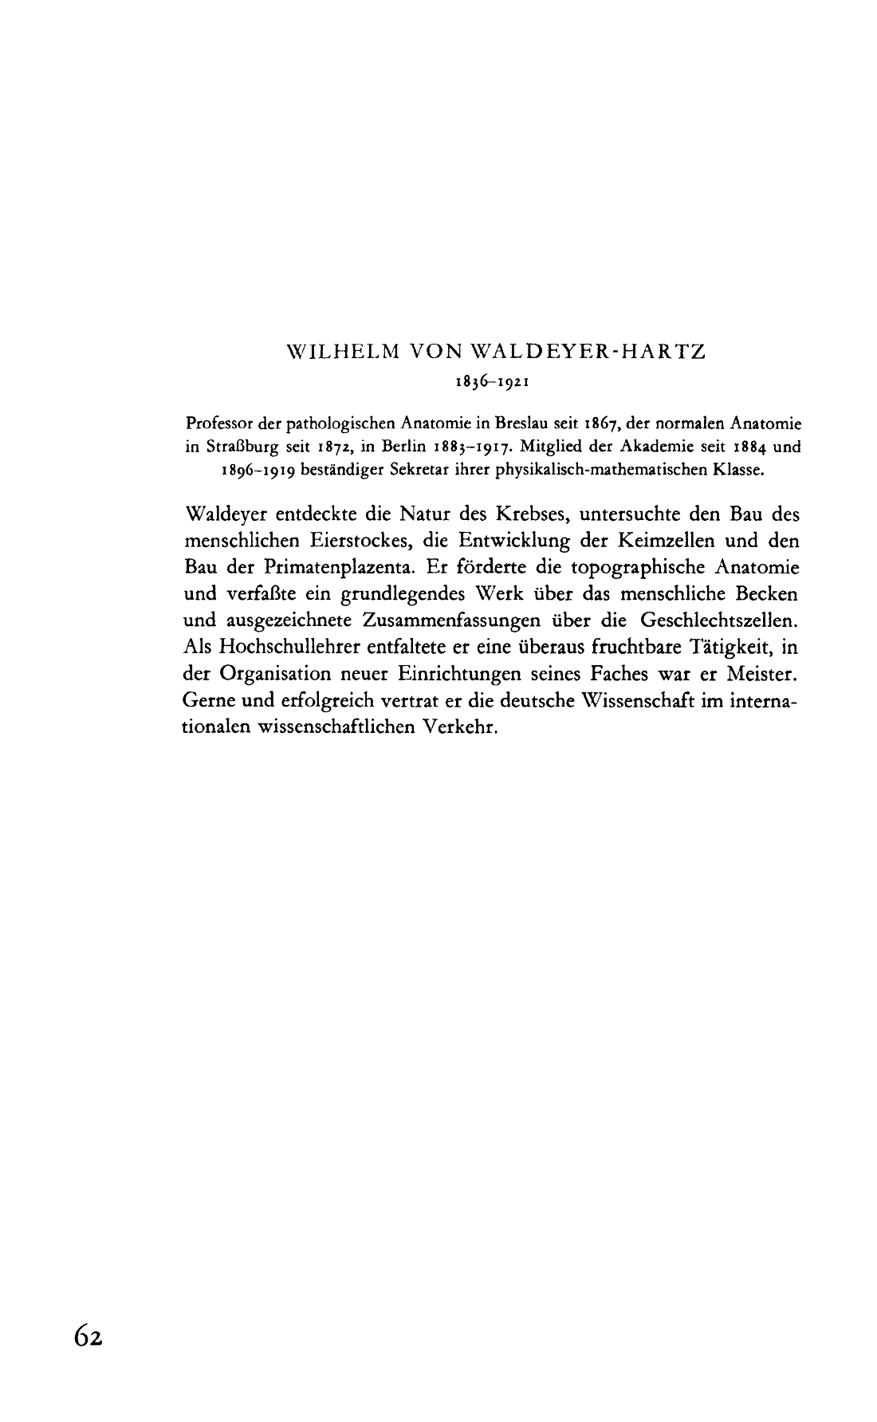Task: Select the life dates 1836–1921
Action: [489, 381]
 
